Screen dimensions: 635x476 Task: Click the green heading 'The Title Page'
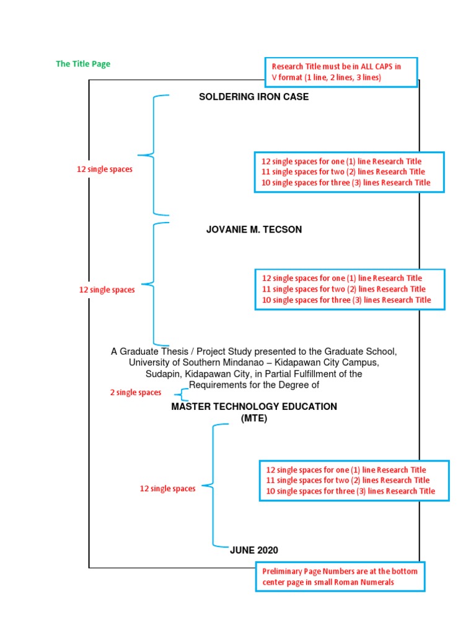tap(83, 64)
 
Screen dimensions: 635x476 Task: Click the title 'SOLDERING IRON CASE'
tap(253, 97)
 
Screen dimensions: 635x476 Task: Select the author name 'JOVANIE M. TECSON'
tap(254, 229)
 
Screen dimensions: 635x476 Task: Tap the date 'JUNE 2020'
tap(254, 550)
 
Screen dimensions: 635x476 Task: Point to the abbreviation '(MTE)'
tap(254, 419)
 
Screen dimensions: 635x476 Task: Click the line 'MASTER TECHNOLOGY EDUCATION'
tap(254, 407)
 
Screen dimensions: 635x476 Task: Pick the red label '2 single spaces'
tap(136, 393)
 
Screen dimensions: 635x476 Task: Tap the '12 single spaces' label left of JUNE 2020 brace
tap(167, 489)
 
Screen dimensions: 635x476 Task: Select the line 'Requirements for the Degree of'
tap(254, 385)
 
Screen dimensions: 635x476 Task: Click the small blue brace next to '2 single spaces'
tap(183, 394)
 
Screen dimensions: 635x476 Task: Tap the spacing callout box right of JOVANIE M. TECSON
tap(350, 289)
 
